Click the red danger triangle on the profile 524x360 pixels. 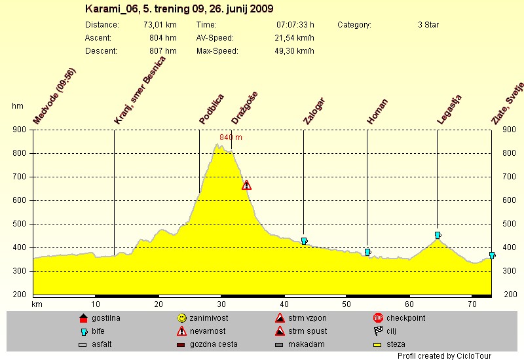point(246,185)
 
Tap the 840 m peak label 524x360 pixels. point(231,137)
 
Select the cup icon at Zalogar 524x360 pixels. point(304,242)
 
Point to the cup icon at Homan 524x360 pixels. point(367,252)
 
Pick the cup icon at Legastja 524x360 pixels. point(438,235)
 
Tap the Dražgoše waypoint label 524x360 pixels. point(244,108)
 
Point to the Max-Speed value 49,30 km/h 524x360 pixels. point(294,51)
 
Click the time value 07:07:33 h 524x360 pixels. point(295,25)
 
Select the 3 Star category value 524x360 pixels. point(428,25)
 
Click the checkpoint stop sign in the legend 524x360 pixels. point(378,318)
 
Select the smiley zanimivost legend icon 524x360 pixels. point(181,318)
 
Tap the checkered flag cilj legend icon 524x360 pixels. point(378,331)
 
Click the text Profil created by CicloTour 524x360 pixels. point(444,355)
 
